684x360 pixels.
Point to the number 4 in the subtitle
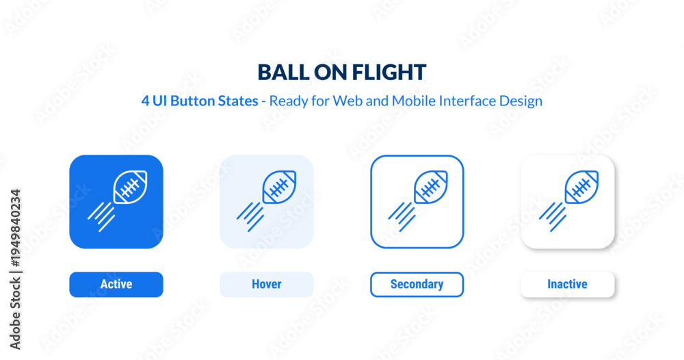coord(145,101)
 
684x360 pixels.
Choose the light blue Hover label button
coord(267,285)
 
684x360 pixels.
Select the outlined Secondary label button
coord(417,285)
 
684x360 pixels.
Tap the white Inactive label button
coord(568,285)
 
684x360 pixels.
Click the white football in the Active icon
coord(130,188)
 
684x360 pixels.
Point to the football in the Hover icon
coord(279,188)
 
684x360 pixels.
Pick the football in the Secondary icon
coord(430,188)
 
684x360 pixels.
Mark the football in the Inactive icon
coord(581,188)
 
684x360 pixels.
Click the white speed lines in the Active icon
coord(101,216)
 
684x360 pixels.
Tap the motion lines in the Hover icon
coord(250,216)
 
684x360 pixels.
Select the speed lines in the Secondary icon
coord(402,216)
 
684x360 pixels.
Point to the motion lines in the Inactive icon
coord(552,216)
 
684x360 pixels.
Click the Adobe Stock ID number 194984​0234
coord(15,228)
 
